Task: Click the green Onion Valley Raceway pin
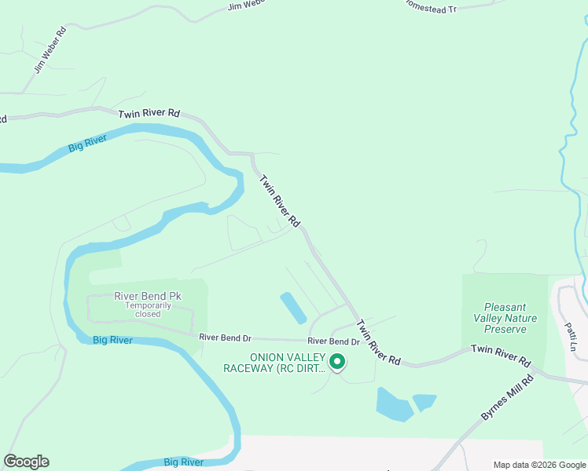337,362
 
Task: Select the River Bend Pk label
148,296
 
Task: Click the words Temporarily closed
148,309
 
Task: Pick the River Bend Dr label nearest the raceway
333,341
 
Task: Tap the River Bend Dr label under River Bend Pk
225,338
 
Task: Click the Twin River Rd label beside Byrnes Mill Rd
501,354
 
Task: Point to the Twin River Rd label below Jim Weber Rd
149,114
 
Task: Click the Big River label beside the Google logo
184,462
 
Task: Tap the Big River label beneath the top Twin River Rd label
86,144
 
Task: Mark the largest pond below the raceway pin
394,403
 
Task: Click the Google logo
26,462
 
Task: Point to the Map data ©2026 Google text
539,464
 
